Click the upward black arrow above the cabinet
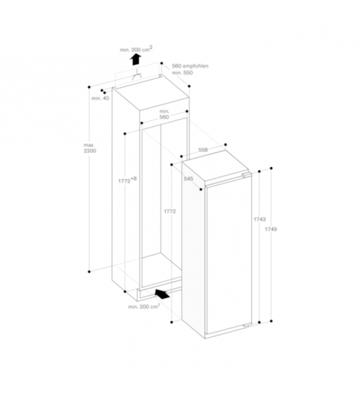135,60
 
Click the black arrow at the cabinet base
162,294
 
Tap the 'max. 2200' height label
90,148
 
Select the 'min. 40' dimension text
100,98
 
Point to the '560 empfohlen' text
190,66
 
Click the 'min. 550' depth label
182,73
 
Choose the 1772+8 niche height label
127,180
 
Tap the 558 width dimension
203,150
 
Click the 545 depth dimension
189,179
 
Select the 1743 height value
260,219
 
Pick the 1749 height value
271,229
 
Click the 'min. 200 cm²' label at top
136,49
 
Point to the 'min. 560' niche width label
164,114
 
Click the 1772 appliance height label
170,212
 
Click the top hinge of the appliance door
246,175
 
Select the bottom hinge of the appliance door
246,325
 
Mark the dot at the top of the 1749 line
271,168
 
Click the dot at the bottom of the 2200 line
89,271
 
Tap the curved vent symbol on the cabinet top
137,76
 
